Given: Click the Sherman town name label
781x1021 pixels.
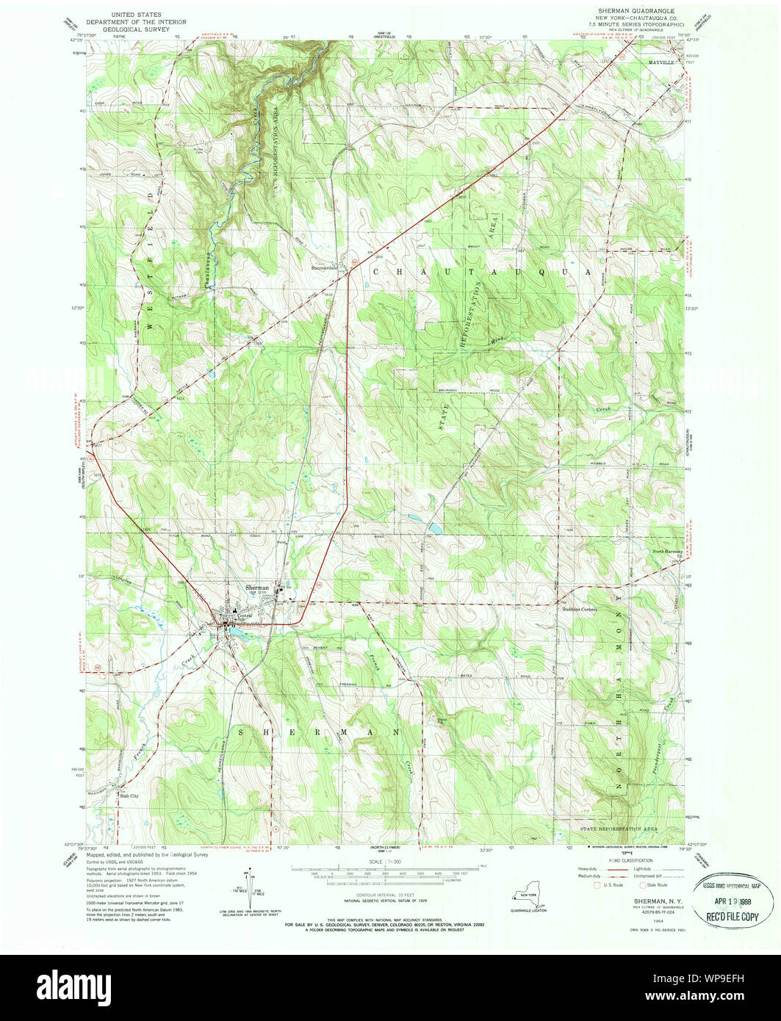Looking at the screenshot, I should (x=256, y=588).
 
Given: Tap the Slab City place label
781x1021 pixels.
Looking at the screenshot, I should (x=129, y=795).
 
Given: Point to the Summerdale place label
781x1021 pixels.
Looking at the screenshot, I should (x=324, y=268).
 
